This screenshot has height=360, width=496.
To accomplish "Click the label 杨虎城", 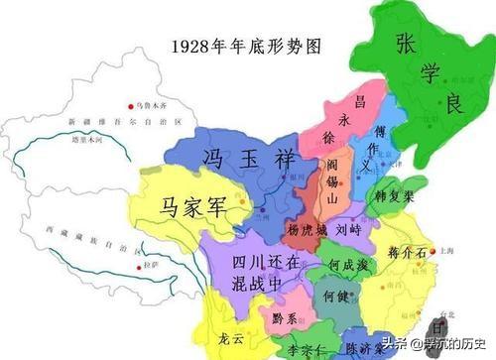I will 306,230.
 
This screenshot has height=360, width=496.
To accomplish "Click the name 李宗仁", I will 306,350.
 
